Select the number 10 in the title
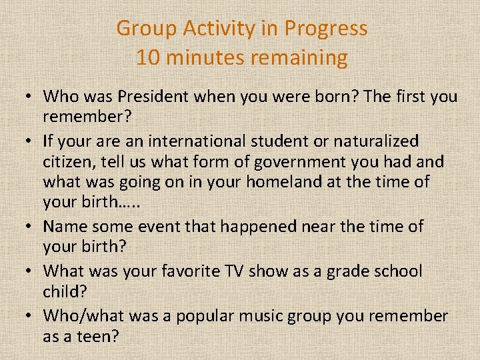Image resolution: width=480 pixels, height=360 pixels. click(x=149, y=57)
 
